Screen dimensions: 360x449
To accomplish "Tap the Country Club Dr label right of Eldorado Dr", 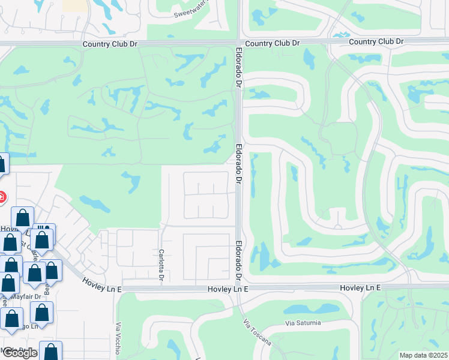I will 272,43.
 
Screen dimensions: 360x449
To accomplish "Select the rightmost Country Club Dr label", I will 375,41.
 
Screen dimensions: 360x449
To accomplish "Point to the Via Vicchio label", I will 117,339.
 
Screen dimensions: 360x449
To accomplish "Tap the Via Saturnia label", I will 303,323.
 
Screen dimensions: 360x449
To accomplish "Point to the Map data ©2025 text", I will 424,355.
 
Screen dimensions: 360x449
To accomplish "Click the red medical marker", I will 2,196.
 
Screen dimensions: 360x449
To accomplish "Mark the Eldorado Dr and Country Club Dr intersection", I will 239,43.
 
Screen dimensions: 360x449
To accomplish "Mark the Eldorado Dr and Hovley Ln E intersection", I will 239,289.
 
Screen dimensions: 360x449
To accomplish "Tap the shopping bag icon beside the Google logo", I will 51,351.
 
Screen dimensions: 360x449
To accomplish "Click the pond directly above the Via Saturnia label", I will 300,309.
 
